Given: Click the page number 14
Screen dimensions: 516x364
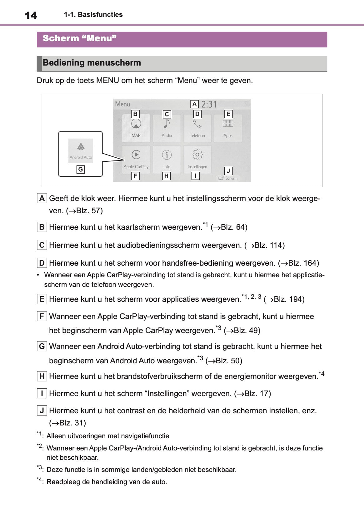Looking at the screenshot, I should (x=31, y=15).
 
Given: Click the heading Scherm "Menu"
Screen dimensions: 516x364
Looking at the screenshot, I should (x=79, y=38).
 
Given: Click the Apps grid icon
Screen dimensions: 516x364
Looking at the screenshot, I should (x=228, y=124).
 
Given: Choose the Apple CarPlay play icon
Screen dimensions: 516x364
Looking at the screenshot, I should (x=136, y=155).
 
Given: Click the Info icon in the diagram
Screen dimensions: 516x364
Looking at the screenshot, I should (x=167, y=155).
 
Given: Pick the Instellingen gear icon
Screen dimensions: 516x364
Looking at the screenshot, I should (x=197, y=155).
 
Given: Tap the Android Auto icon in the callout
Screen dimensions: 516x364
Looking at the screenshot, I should (x=81, y=146).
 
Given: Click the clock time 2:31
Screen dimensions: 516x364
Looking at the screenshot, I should (x=209, y=104).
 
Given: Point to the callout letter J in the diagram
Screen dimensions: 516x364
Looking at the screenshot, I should (x=228, y=171).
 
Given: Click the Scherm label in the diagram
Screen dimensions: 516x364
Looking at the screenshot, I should (x=231, y=178).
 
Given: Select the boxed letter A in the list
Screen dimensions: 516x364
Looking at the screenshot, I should (x=42, y=198).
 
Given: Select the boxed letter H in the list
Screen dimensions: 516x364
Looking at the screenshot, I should (x=42, y=376).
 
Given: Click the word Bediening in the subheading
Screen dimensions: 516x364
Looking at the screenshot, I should (x=63, y=63).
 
